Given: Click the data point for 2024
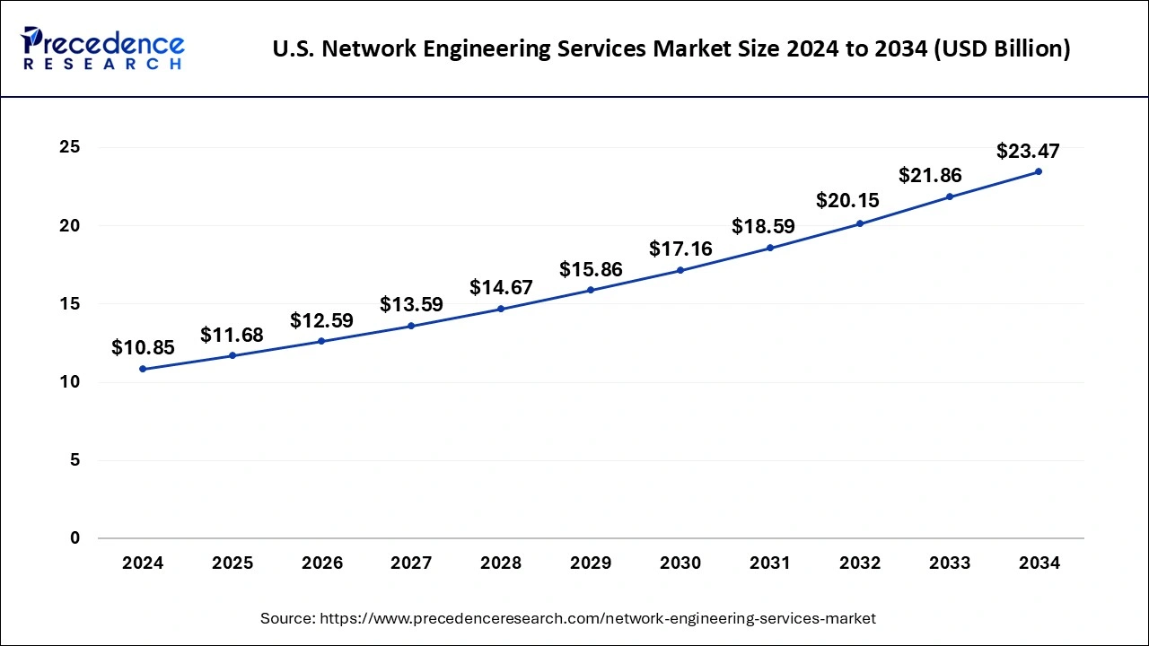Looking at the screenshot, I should tap(143, 369).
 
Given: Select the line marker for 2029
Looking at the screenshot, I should tap(591, 290).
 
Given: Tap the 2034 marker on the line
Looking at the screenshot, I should tap(1039, 171).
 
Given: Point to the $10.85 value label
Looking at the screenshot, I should tap(143, 348).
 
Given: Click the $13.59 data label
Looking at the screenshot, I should tap(411, 305).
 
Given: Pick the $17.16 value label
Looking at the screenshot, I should tap(680, 249).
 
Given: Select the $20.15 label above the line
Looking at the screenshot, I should tap(847, 201).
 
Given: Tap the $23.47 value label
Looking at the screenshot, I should tap(1028, 152).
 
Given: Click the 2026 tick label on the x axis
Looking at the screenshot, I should tap(322, 563).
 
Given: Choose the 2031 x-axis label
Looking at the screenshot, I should tap(770, 563).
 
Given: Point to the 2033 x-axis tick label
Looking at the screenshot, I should tap(950, 563).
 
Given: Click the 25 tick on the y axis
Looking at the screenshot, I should tap(69, 147).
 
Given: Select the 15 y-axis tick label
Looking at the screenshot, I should tap(69, 304).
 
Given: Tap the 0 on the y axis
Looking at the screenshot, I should tap(75, 538).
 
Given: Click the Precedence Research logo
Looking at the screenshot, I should tap(102, 48).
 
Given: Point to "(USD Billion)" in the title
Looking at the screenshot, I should tap(1000, 49).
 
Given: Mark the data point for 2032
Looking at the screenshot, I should tap(859, 223).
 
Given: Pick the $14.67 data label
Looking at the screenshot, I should tap(501, 288).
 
